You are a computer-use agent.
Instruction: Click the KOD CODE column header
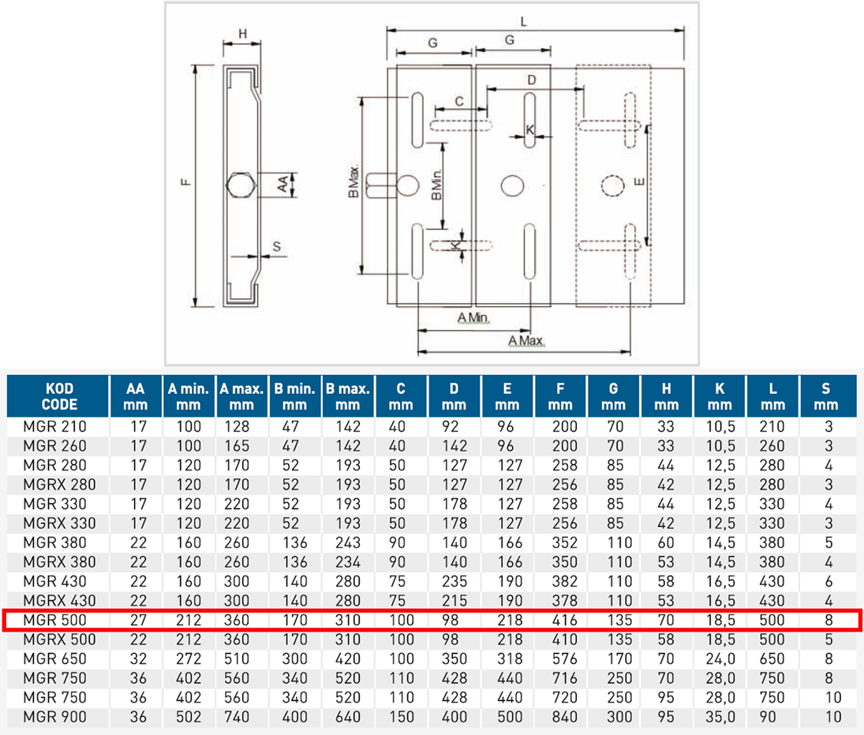coord(58,396)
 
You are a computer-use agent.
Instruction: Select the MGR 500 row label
coord(55,620)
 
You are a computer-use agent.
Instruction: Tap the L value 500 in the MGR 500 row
coord(771,620)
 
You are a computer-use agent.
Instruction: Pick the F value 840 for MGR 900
coord(560,717)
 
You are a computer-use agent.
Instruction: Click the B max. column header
coord(348,396)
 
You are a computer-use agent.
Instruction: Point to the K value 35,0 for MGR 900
coord(720,717)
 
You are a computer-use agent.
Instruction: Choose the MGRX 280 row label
coord(59,484)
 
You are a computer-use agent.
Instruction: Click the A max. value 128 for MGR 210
coord(241,426)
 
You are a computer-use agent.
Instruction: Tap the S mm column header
coord(827,396)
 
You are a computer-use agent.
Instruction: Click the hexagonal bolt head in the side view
coord(240,186)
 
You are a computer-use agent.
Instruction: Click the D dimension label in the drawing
coord(531,80)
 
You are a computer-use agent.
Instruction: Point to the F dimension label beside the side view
coord(183,183)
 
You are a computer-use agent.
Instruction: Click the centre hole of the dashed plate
coord(612,185)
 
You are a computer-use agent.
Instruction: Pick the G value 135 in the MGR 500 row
coord(613,620)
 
